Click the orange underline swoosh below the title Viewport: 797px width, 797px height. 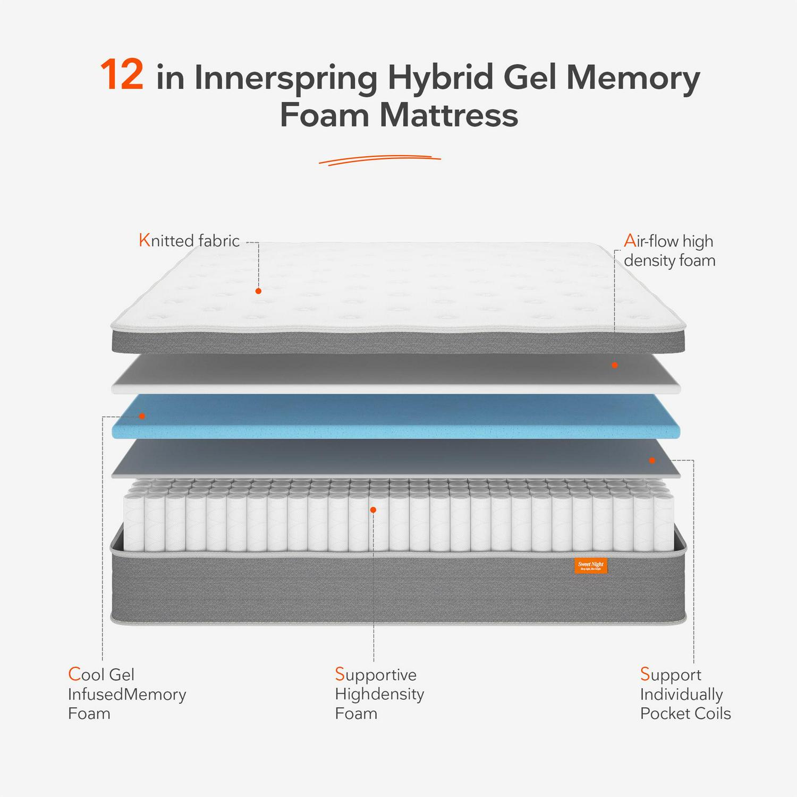380,159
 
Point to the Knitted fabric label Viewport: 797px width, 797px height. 189,241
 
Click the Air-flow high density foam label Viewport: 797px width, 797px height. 669,251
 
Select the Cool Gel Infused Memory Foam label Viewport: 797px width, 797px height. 127,694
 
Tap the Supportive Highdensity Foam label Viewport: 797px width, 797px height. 379,694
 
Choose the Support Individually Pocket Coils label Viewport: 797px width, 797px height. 685,694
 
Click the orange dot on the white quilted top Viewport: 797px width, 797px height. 258,291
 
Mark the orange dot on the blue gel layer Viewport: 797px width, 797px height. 142,416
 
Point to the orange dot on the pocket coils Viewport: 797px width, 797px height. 373,510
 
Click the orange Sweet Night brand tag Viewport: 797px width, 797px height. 590,566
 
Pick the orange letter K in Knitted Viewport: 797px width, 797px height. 144,241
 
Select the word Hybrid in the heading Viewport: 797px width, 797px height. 440,78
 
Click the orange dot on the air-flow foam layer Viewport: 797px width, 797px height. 615,365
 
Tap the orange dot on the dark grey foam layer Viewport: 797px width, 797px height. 652,460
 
